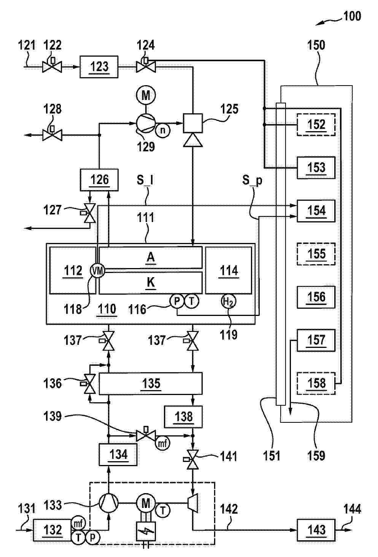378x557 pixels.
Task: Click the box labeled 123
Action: tap(99, 67)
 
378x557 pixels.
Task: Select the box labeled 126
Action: tap(99, 180)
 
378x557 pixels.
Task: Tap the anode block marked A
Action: tap(151, 257)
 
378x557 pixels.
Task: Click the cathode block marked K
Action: tap(151, 283)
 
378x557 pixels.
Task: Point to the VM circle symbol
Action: tap(97, 270)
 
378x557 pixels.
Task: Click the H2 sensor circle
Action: tap(228, 302)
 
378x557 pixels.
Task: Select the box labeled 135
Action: tap(151, 383)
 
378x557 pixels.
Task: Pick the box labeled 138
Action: tap(183, 417)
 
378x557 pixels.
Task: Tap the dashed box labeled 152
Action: tap(316, 125)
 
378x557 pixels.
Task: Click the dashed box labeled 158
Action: tap(316, 383)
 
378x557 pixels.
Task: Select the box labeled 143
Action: tap(316, 530)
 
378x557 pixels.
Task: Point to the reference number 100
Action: tap(352, 16)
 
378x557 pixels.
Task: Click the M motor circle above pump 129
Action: tap(146, 95)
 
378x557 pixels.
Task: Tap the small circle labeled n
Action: tap(163, 130)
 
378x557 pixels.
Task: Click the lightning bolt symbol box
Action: tap(146, 531)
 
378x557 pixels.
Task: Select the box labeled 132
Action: tap(52, 530)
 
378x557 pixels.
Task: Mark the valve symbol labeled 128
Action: tap(52, 134)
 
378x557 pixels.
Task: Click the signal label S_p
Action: tap(252, 180)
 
